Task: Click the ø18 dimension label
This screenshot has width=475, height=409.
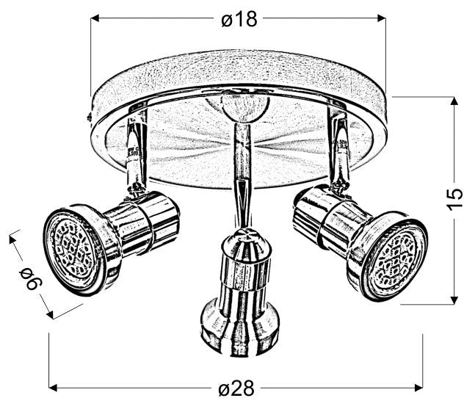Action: click(239, 20)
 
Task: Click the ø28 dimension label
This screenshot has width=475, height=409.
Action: click(236, 387)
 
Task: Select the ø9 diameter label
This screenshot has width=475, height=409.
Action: click(29, 277)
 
